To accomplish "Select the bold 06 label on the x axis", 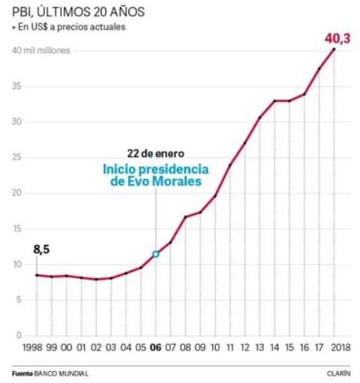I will point(155,348).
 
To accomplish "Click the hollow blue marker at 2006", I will point(155,254).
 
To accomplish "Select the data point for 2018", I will point(334,49).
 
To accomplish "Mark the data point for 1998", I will point(36,275).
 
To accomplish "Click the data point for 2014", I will point(274,100).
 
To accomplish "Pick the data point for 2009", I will point(200,212).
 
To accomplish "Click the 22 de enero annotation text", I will point(155,153).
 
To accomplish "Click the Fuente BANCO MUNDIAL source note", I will point(49,373).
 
